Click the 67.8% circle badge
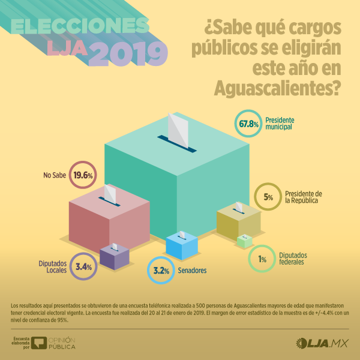pyautogui.click(x=248, y=124)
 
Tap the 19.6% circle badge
pyautogui.click(x=83, y=175)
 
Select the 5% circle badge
pyautogui.click(x=268, y=196)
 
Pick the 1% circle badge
pyautogui.click(x=262, y=259)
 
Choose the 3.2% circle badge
pyautogui.click(x=160, y=270)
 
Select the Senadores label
pyautogui.click(x=192, y=271)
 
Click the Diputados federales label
pyautogui.click(x=295, y=259)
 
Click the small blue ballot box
pyautogui.click(x=181, y=246)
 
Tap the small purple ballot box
pyautogui.click(x=115, y=257)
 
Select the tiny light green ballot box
pyautogui.click(x=244, y=241)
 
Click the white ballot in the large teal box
pyautogui.click(x=178, y=129)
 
